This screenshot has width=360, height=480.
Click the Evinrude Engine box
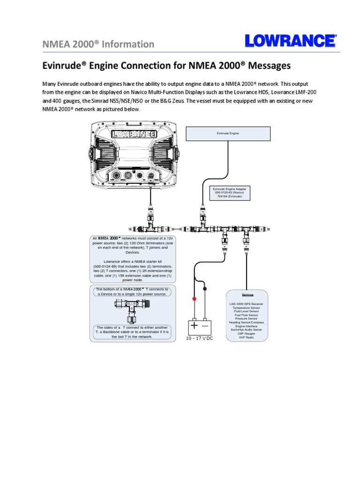pyautogui.click(x=228, y=134)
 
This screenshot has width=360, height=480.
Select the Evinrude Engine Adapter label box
pyautogui.click(x=229, y=192)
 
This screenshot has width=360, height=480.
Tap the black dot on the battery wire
pyautogui.click(x=205, y=289)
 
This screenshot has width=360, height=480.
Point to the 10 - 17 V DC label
pyautogui.click(x=200, y=338)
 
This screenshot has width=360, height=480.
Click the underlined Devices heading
pyautogui.click(x=247, y=295)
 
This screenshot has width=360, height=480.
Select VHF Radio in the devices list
pyautogui.click(x=247, y=337)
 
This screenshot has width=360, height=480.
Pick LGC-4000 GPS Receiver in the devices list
pyautogui.click(x=247, y=304)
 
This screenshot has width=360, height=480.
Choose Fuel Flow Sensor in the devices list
pyautogui.click(x=247, y=315)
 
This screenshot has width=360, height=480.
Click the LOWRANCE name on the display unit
pyautogui.click(x=134, y=135)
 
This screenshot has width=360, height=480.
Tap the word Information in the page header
pyautogui.click(x=128, y=44)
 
